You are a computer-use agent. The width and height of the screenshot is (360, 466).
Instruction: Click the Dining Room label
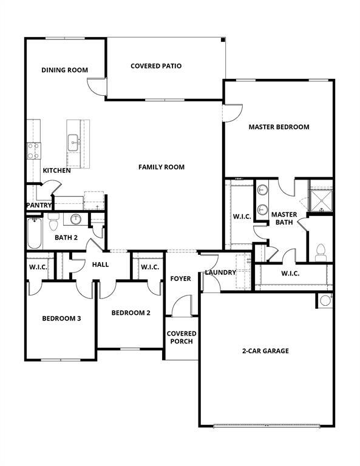coord(64,70)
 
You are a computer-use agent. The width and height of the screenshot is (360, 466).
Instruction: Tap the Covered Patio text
coord(156,66)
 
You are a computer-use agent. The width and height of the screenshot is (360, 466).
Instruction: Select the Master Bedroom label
coord(279,127)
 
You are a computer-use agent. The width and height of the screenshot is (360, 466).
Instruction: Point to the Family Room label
coord(161,167)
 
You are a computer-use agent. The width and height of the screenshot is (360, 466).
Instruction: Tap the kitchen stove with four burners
coord(33,150)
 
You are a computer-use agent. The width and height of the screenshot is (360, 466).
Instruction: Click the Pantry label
coord(39,205)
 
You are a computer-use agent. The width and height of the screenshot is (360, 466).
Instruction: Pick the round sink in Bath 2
coord(76,218)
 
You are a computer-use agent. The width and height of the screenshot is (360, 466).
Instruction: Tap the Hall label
coord(100,265)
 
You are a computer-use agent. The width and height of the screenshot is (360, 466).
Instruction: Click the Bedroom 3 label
coord(61,318)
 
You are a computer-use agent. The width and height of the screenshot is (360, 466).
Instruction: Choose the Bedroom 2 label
coord(131,312)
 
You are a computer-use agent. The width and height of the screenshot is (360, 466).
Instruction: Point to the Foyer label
coord(180,279)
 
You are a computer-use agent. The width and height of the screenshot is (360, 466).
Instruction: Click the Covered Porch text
coord(182,337)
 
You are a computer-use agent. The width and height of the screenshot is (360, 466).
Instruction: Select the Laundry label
coord(220,272)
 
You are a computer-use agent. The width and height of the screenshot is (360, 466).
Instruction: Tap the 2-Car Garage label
coord(265,351)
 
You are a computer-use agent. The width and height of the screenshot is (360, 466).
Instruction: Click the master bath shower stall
coord(321,197)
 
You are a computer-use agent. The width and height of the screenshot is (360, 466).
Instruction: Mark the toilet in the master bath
coord(321,251)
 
